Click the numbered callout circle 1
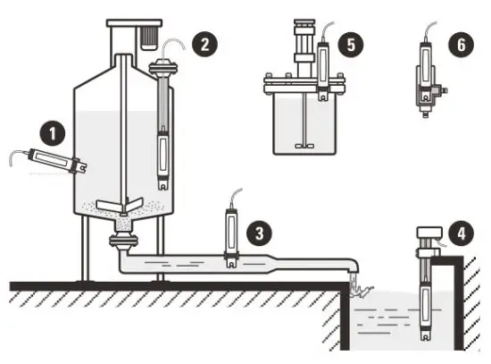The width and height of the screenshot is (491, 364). (55, 134)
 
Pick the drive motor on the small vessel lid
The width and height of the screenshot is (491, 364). (301, 49)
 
